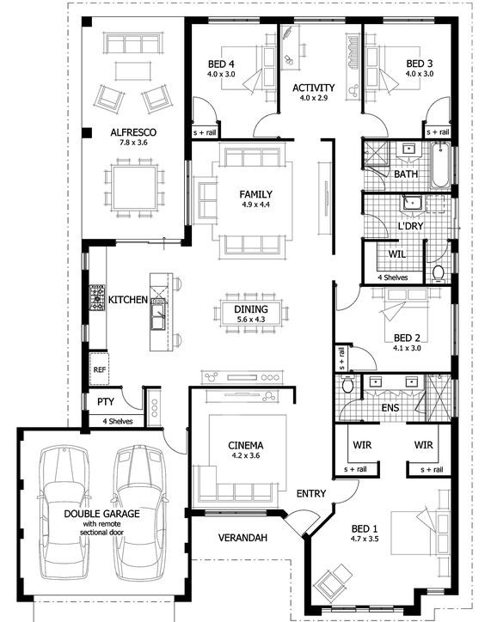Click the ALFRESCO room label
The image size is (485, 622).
pyautogui.click(x=133, y=132)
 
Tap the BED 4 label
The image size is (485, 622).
pyautogui.click(x=221, y=64)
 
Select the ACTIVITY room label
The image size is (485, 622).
pyautogui.click(x=313, y=88)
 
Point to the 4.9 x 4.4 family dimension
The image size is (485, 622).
pyautogui.click(x=255, y=204)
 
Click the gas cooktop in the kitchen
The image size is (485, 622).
pyautogui.click(x=97, y=297)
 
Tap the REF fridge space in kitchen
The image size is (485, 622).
pyautogui.click(x=99, y=369)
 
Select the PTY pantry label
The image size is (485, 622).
pyautogui.click(x=106, y=402)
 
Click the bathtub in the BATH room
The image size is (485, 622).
pyautogui.click(x=440, y=166)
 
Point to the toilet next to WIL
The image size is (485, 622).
pyautogui.click(x=438, y=274)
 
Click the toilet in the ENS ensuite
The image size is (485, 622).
pyautogui.click(x=348, y=384)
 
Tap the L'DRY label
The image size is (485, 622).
pyautogui.click(x=411, y=226)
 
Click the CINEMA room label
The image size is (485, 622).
pyautogui.click(x=245, y=445)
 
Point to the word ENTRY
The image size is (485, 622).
pyautogui.click(x=311, y=493)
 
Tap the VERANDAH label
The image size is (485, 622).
pyautogui.click(x=242, y=538)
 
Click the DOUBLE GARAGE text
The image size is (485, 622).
pyautogui.click(x=101, y=514)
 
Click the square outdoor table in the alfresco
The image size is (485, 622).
pyautogui.click(x=134, y=187)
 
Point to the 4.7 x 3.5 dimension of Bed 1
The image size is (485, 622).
pyautogui.click(x=365, y=539)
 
